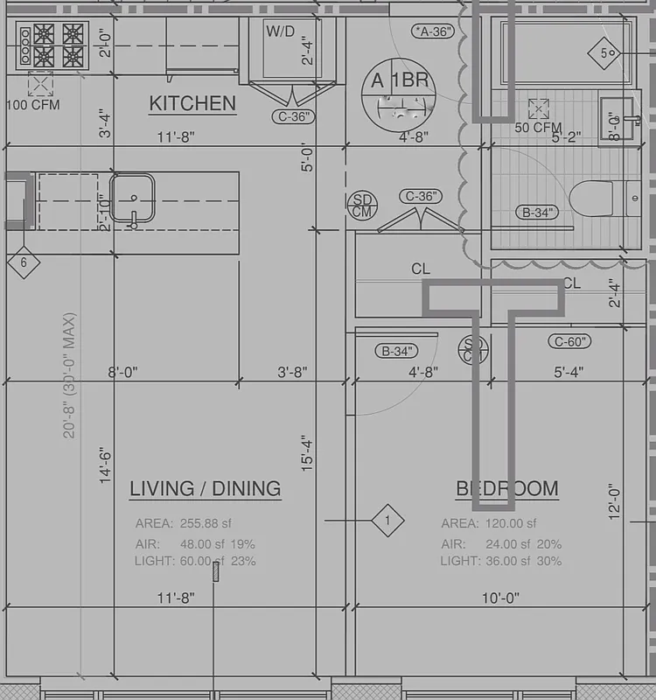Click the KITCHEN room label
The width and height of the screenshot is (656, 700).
coord(192,103)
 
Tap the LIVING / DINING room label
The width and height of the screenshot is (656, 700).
coord(206,488)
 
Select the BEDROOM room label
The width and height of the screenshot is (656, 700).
coord(507,488)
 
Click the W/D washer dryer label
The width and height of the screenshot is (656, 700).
coord(280,31)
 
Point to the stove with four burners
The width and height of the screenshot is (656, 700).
coord(52,45)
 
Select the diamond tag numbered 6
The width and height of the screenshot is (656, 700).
coord(24,262)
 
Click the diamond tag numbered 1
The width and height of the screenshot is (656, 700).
coord(387,521)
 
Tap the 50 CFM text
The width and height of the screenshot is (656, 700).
coord(538,128)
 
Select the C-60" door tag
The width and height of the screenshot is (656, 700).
coord(569,341)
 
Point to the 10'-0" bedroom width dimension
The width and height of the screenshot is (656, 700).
coord(500,598)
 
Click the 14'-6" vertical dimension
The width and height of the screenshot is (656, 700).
coord(106,465)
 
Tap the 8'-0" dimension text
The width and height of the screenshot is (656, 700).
coord(123,372)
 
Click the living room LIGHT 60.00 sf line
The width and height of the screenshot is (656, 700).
coord(195,561)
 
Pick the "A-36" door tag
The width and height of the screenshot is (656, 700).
coord(433,31)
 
